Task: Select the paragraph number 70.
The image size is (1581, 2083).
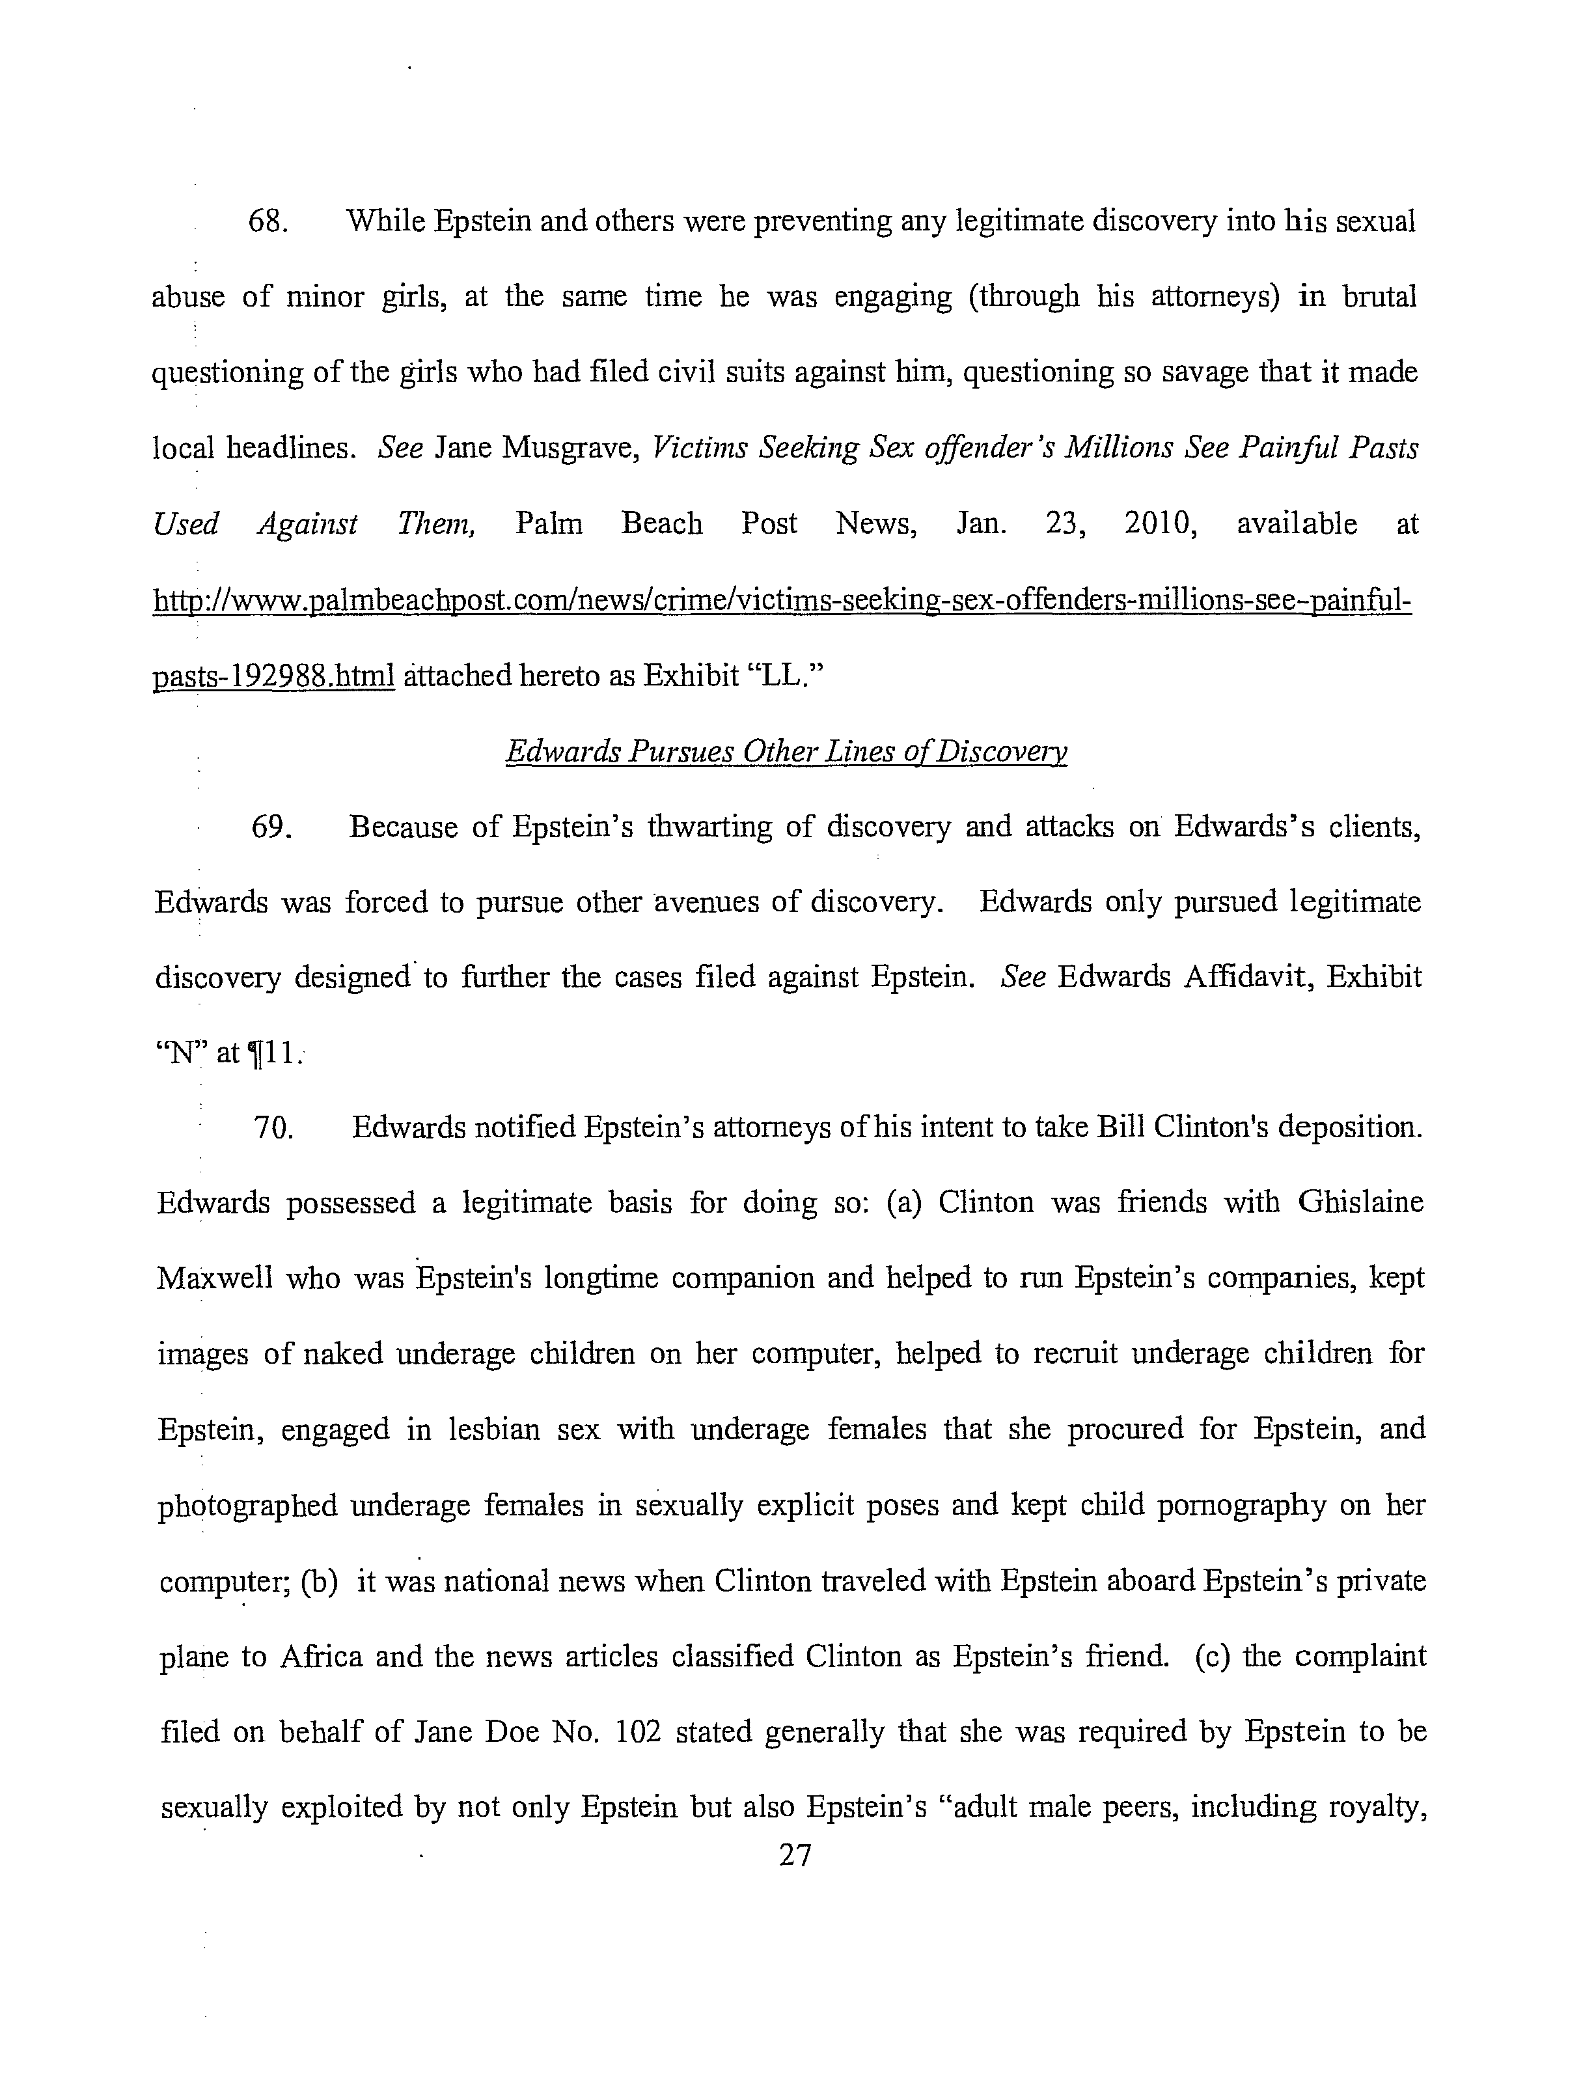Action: pos(274,1127)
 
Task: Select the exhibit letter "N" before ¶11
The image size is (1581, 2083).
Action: pos(180,1052)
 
